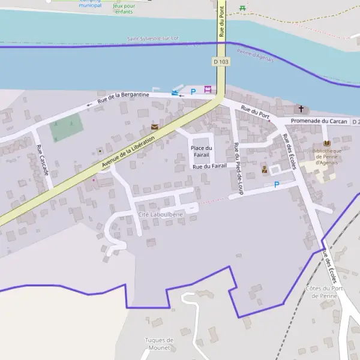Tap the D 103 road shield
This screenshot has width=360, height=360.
point(221,62)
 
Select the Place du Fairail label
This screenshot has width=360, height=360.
point(202,151)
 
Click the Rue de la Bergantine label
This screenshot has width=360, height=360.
point(123,98)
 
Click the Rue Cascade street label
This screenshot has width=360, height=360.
point(42,160)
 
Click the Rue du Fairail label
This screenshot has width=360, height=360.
point(209,166)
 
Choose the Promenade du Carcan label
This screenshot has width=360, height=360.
point(319,121)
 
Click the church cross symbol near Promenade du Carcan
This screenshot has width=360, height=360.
point(301,109)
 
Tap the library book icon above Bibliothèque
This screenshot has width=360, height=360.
point(326,143)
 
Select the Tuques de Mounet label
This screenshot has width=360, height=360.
point(159,344)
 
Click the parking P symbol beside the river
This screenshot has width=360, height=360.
point(193,92)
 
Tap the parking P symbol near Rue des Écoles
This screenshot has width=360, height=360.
point(276,185)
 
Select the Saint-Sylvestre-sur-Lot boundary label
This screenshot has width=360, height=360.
point(153,39)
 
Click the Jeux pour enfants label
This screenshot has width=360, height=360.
point(124,9)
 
